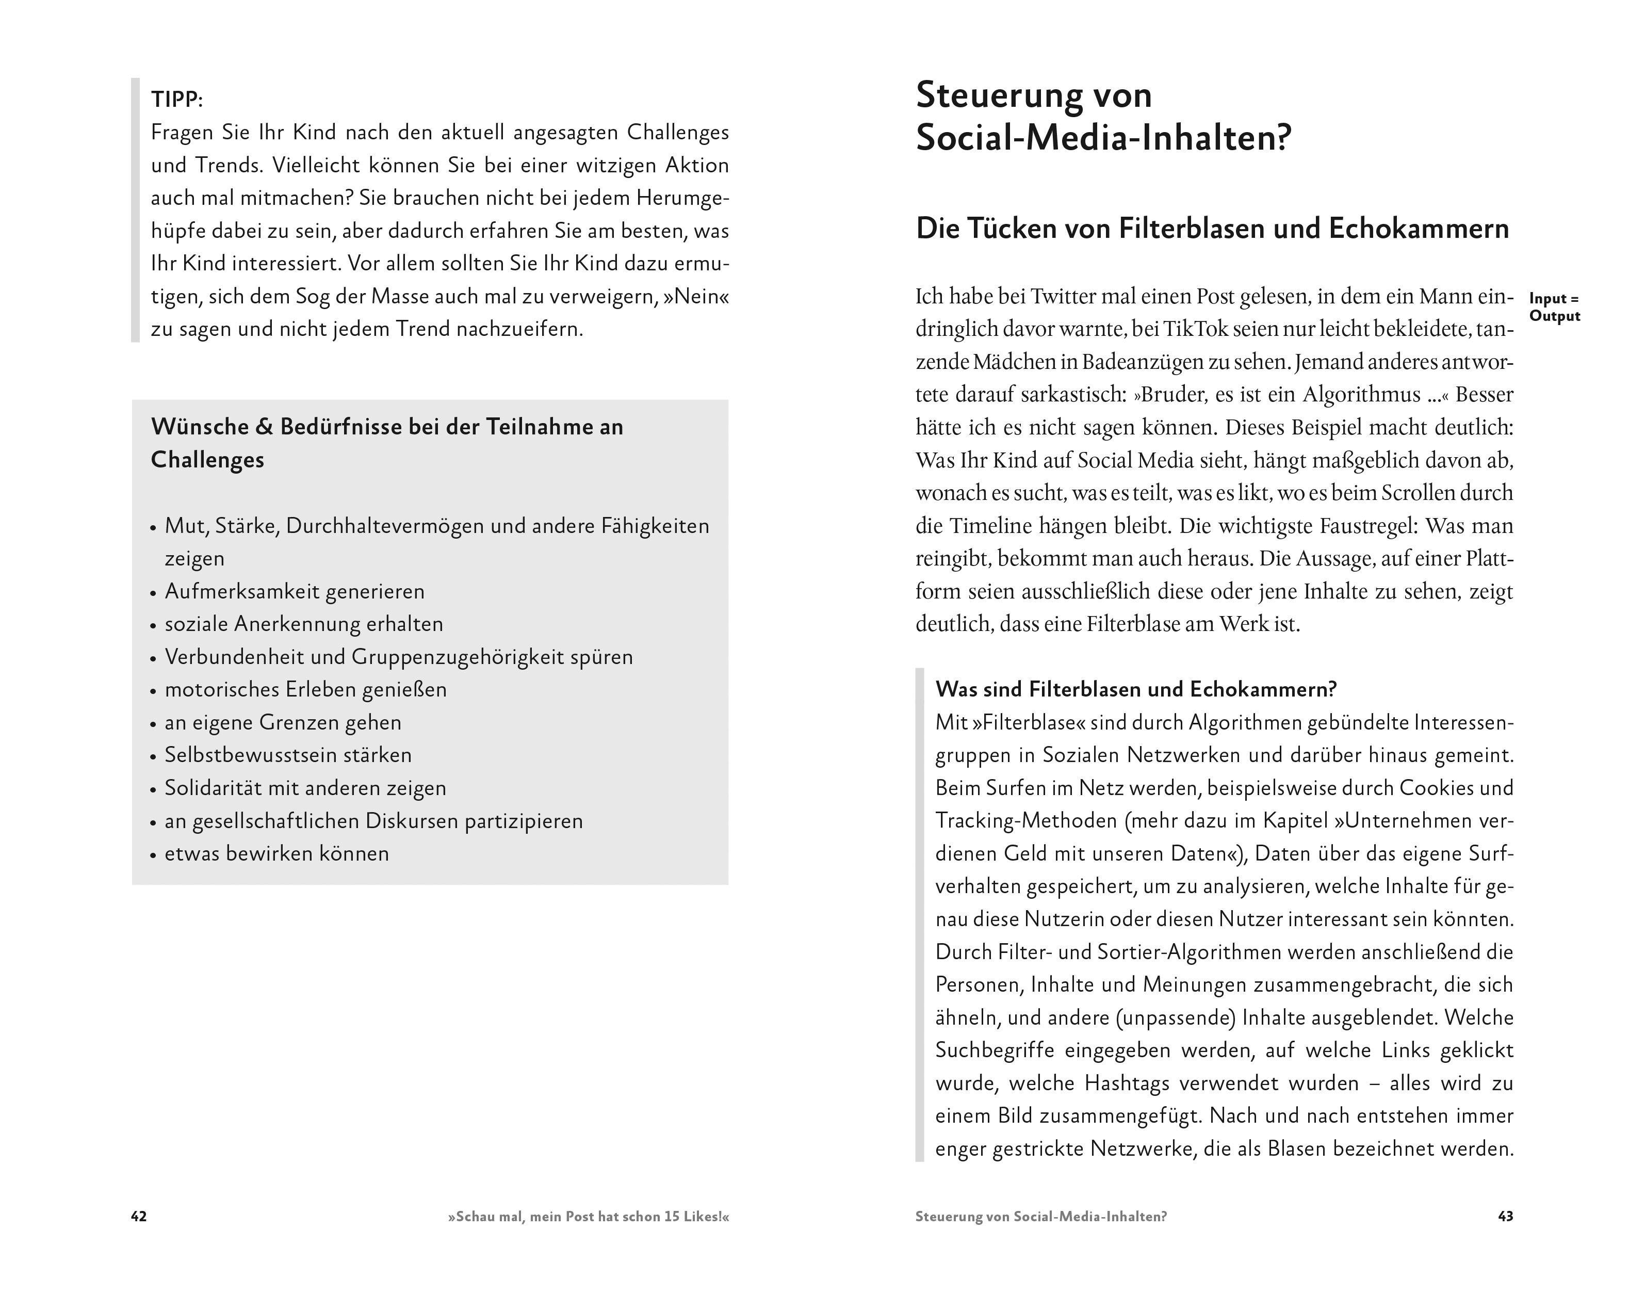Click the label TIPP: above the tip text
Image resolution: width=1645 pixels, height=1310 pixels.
pos(177,99)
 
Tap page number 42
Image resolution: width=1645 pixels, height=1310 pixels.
pos(139,1216)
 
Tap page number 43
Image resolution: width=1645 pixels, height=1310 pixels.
pos(1505,1216)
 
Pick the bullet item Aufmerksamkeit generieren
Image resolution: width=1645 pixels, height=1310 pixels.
pos(295,591)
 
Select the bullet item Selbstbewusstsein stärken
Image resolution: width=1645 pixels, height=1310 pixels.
pos(288,755)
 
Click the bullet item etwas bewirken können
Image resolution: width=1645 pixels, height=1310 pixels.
pos(276,854)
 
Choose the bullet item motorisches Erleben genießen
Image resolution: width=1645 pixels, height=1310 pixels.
pos(305,690)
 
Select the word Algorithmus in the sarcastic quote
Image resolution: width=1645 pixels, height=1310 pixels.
pos(1361,395)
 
